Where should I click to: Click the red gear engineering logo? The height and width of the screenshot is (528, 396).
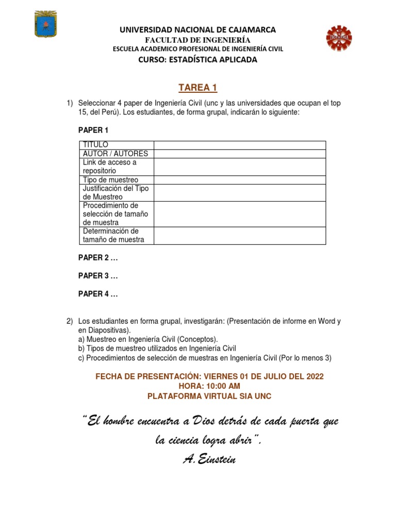(x=339, y=39)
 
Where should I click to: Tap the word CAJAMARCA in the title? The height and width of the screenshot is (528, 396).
(x=250, y=30)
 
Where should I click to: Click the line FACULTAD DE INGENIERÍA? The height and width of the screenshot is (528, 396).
(x=197, y=40)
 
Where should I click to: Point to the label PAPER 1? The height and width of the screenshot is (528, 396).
(x=93, y=130)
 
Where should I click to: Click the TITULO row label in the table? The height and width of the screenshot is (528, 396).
(x=95, y=145)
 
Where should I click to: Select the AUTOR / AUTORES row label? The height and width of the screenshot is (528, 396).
(x=115, y=154)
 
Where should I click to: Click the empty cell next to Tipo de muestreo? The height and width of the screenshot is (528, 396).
(x=239, y=179)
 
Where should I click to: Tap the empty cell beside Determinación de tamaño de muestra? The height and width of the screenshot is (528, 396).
(x=239, y=235)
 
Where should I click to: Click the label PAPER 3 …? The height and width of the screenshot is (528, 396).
(x=98, y=276)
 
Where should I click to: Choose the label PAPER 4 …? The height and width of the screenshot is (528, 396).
(x=98, y=294)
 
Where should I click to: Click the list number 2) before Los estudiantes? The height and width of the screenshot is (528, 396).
(x=70, y=321)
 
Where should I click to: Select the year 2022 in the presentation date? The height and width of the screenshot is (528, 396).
(x=315, y=376)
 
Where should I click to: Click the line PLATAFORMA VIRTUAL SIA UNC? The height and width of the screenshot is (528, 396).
(x=209, y=396)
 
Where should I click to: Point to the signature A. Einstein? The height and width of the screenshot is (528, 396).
(x=209, y=459)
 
